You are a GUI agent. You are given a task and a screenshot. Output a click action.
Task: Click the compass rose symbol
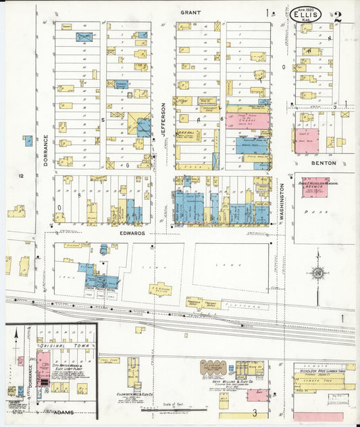pyautogui.click(x=317, y=274)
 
